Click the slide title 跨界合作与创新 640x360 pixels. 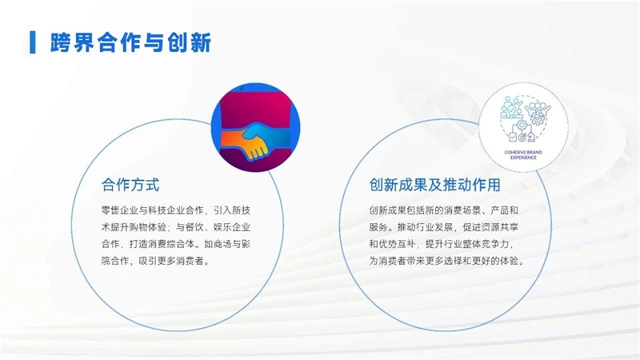(130, 42)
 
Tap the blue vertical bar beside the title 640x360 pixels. (33, 42)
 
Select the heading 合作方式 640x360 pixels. (130, 185)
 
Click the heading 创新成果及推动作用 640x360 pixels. (434, 185)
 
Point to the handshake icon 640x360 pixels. (255, 127)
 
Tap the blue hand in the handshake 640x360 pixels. (266, 134)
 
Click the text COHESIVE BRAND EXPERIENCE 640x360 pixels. (523, 154)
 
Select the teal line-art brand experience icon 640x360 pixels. (524, 119)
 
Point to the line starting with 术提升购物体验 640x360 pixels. (176, 227)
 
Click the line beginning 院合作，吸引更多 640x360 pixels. (155, 261)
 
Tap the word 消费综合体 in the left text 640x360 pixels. (171, 244)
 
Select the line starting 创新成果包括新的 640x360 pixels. (444, 210)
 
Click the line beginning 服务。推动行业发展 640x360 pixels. (444, 227)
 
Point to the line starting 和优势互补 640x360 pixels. (442, 244)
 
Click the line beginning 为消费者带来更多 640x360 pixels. (446, 261)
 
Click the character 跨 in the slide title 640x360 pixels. (61, 42)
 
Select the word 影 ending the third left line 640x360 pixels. (246, 244)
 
